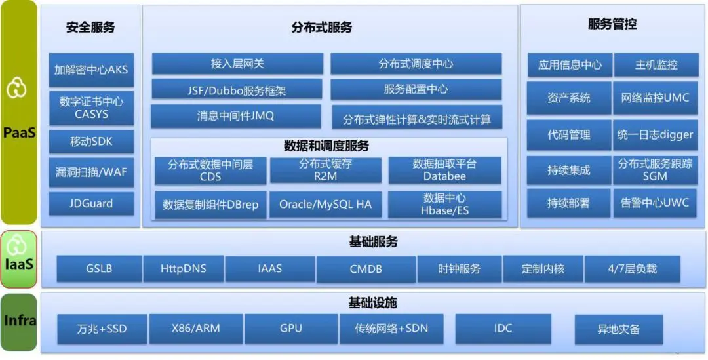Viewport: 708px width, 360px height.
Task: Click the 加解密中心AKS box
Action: [91, 70]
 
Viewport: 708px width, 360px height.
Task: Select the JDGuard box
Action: [91, 203]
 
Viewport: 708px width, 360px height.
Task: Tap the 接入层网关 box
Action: [237, 64]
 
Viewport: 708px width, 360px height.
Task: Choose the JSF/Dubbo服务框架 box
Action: [237, 90]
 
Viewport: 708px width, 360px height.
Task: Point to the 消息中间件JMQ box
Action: [236, 116]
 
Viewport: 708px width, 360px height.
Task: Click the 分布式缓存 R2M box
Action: [325, 170]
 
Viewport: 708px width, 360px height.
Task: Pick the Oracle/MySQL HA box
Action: [325, 205]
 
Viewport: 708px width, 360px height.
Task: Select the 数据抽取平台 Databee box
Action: [444, 170]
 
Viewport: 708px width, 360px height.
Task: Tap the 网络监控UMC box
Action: [655, 98]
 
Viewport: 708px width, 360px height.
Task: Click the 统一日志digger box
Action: [655, 134]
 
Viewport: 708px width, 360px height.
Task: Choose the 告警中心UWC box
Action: [655, 203]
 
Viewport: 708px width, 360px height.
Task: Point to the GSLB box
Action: [99, 269]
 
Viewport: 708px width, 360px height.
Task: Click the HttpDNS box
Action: [184, 269]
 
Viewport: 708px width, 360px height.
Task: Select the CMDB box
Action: [366, 269]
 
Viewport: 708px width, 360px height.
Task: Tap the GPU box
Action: [290, 329]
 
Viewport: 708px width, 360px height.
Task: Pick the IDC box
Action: [503, 329]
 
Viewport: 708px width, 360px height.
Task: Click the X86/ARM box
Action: [195, 329]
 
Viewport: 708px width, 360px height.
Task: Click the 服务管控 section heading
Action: [612, 25]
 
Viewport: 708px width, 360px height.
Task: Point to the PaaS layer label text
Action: [19, 133]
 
